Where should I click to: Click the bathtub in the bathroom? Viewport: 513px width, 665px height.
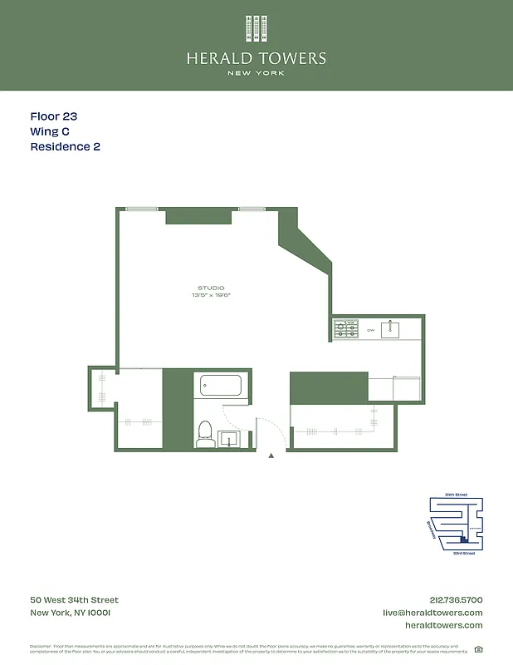(x=221, y=386)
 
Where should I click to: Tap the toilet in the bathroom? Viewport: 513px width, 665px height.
(x=204, y=433)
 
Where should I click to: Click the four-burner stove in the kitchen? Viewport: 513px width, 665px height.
(x=345, y=329)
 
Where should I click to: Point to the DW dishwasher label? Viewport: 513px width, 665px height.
(x=370, y=330)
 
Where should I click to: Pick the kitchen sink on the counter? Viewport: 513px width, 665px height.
(x=390, y=330)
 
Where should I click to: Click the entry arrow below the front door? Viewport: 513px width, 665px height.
(x=271, y=456)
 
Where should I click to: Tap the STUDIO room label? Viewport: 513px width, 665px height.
(x=211, y=288)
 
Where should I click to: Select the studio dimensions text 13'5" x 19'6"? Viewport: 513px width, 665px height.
(x=211, y=295)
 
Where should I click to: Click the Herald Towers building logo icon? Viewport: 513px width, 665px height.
(x=256, y=29)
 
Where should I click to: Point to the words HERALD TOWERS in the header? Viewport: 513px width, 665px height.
(x=256, y=58)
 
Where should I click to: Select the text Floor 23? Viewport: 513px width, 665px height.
(x=54, y=117)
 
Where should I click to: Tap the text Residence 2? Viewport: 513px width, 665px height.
(x=66, y=146)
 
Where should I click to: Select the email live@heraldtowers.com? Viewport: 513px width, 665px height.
(x=432, y=613)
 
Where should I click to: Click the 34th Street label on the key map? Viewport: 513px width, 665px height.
(x=456, y=495)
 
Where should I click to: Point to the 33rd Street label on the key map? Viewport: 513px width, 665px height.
(x=463, y=553)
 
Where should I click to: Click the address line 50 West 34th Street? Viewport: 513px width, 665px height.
(x=75, y=600)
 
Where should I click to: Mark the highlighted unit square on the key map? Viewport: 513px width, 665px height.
(x=464, y=540)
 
